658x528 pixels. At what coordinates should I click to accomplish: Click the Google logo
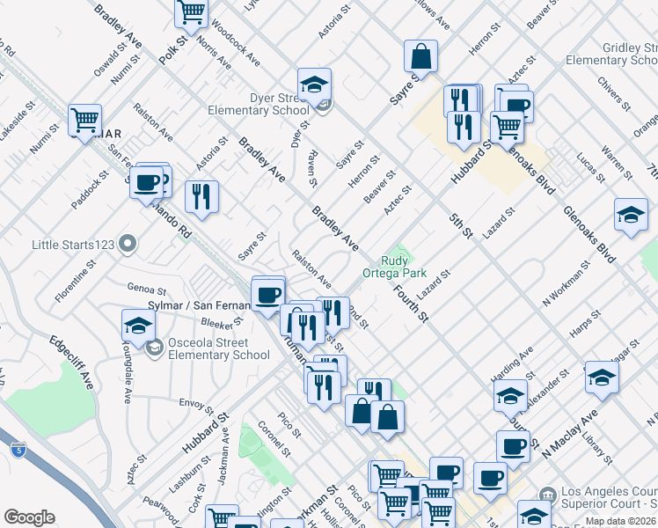(x=29, y=517)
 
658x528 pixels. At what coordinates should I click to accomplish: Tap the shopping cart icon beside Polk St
(x=191, y=11)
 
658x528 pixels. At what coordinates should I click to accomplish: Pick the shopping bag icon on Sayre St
(x=421, y=56)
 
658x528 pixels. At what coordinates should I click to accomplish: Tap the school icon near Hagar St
(x=602, y=376)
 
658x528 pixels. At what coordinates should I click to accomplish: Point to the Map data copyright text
(x=621, y=521)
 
